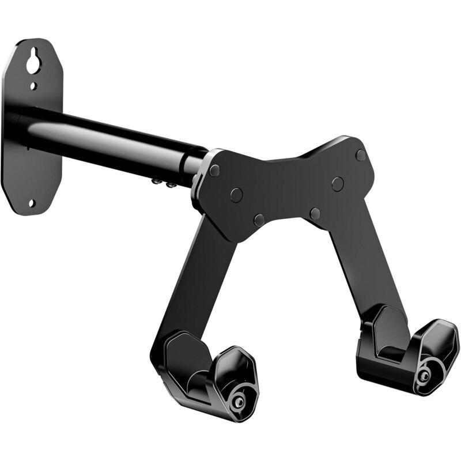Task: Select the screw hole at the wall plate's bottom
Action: [31, 203]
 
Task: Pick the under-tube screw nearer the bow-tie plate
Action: [170, 185]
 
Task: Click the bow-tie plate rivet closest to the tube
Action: [214, 171]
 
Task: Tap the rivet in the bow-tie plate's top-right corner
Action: [361, 155]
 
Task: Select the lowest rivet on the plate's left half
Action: [259, 220]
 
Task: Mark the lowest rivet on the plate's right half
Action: [315, 214]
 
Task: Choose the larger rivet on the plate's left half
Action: [236, 195]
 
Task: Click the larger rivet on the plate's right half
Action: [338, 184]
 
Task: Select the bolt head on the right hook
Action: [424, 375]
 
